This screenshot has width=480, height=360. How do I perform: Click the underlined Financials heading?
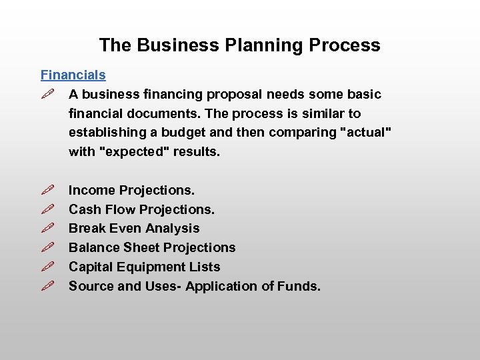tap(73, 75)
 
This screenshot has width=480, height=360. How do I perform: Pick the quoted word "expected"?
tap(134, 152)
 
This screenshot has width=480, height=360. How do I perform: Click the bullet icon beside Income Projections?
tap(47, 191)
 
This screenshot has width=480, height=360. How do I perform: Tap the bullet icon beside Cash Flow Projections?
tap(47, 210)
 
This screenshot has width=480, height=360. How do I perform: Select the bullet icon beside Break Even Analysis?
tap(47, 229)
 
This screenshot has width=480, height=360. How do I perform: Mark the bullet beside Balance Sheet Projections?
tap(47, 248)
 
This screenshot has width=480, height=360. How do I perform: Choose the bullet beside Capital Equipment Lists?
tap(47, 267)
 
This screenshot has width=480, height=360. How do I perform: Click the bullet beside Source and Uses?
tap(47, 287)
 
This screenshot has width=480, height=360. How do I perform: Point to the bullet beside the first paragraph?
tap(47, 95)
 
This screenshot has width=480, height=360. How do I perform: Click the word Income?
tap(92, 191)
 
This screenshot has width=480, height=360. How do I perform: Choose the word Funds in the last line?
tap(301, 287)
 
